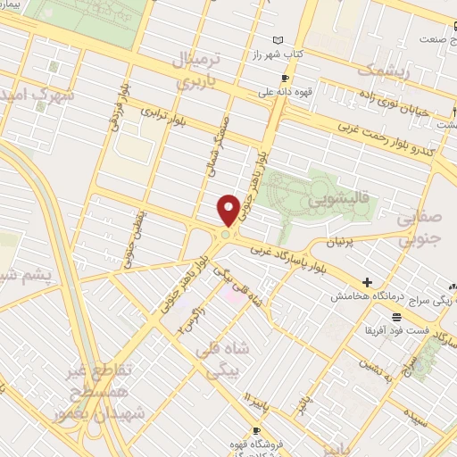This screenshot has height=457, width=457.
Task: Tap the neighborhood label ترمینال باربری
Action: [x=195, y=68]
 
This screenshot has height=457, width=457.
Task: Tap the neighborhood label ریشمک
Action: [x=382, y=69]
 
